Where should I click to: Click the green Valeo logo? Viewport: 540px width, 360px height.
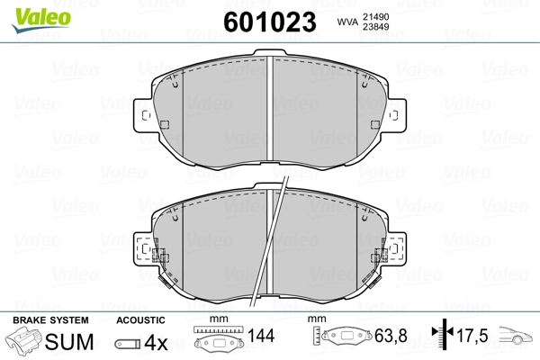[x=41, y=20]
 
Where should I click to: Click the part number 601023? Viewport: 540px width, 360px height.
[x=270, y=22]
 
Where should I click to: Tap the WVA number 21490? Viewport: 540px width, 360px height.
[x=375, y=16]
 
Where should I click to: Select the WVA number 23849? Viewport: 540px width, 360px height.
[x=375, y=27]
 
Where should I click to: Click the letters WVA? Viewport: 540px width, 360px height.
[x=347, y=22]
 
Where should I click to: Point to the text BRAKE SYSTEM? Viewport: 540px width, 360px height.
[x=50, y=320]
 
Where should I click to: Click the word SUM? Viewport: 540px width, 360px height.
[x=69, y=342]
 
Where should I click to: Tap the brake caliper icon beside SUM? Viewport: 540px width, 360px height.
[x=23, y=340]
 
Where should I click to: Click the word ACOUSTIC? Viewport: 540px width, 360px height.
[x=140, y=320]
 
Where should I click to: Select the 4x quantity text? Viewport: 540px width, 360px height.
[x=156, y=342]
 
